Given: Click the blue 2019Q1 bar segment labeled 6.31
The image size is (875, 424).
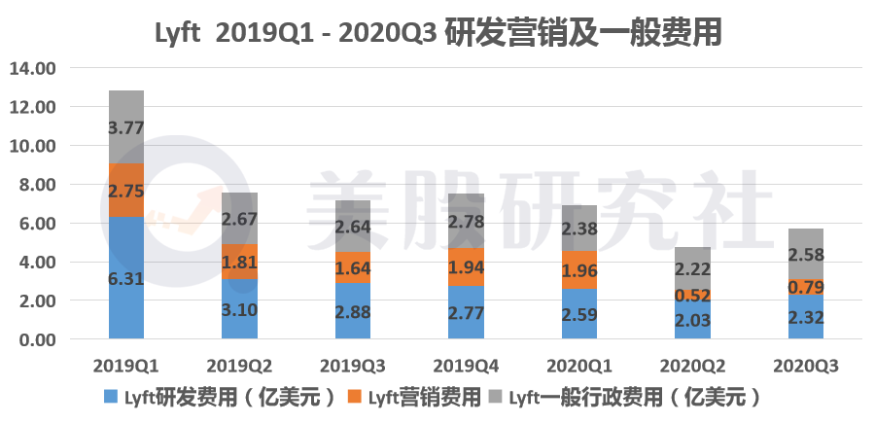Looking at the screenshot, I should (126, 277).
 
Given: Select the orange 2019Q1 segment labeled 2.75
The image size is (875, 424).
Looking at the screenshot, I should (126, 191).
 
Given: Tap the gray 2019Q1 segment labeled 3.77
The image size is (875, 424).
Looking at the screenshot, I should (126, 126).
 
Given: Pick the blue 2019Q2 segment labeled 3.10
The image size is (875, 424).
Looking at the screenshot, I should (240, 309).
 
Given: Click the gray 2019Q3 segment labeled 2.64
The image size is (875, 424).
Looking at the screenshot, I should (353, 226).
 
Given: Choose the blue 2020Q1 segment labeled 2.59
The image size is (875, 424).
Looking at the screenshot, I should (579, 314).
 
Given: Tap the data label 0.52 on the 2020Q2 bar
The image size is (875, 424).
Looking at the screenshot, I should (693, 295).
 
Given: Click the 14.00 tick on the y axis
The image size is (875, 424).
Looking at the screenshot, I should (33, 68).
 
